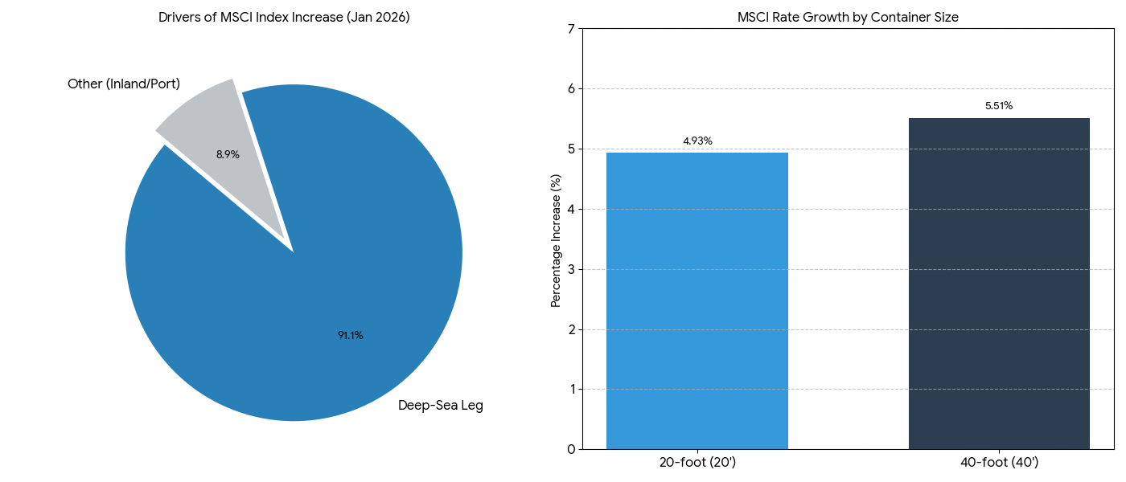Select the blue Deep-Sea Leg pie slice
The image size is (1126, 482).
tap(322, 305)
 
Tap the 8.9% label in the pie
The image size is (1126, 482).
tap(228, 155)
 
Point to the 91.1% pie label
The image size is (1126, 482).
tap(351, 336)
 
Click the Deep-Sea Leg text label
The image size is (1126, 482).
tap(441, 406)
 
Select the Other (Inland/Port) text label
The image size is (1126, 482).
tap(124, 84)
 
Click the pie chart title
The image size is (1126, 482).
tap(284, 18)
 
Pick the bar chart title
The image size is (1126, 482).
tap(848, 18)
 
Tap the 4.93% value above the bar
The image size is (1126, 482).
tap(697, 141)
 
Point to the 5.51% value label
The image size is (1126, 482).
tap(999, 106)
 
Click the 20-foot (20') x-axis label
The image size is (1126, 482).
tap(697, 463)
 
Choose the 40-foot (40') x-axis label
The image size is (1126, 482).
tap(999, 463)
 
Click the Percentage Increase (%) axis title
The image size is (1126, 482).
tap(556, 240)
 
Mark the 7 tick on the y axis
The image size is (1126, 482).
tap(571, 29)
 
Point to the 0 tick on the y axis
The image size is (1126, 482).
tap(571, 449)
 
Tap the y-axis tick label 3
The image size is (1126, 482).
tap(571, 269)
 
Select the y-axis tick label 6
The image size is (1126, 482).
tap(571, 89)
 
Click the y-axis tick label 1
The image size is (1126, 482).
tap(571, 389)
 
